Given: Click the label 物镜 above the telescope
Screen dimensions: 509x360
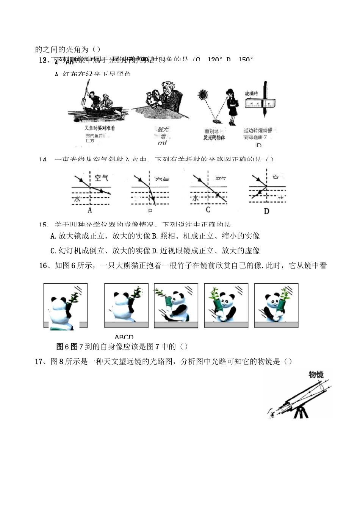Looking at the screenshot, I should click(x=316, y=375).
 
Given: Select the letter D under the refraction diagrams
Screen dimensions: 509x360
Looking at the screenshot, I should click(x=266, y=211).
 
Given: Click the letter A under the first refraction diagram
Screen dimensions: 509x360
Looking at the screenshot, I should click(x=90, y=210).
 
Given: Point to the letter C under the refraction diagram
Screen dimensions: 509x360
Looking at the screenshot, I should click(x=208, y=210).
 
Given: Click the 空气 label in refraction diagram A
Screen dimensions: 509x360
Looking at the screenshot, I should click(x=101, y=178).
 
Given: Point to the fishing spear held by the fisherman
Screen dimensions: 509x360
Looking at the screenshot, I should click(x=84, y=93).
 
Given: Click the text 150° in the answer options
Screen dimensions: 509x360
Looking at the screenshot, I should click(x=245, y=59).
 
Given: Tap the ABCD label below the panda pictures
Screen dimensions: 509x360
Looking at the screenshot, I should click(x=124, y=337).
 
